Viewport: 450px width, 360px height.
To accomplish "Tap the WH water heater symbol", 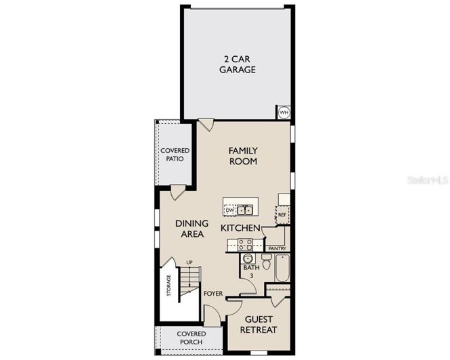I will (x=284, y=112).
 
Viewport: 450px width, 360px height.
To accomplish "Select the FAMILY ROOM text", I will (x=242, y=156).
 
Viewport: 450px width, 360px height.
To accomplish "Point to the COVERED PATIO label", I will (x=175, y=154).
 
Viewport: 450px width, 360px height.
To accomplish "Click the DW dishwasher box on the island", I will (x=230, y=210).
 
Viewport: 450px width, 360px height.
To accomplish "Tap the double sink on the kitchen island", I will (x=244, y=210).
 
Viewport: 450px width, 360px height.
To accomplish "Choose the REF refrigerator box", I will (x=283, y=215).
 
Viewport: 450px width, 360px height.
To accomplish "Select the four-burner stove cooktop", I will (x=245, y=244).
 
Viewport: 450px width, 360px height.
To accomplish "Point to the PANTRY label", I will (x=277, y=248).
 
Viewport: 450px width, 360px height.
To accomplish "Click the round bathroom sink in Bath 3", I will (x=247, y=258).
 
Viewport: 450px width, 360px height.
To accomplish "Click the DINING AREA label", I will (x=192, y=229).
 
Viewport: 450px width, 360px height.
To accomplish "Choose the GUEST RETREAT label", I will (x=260, y=324).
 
